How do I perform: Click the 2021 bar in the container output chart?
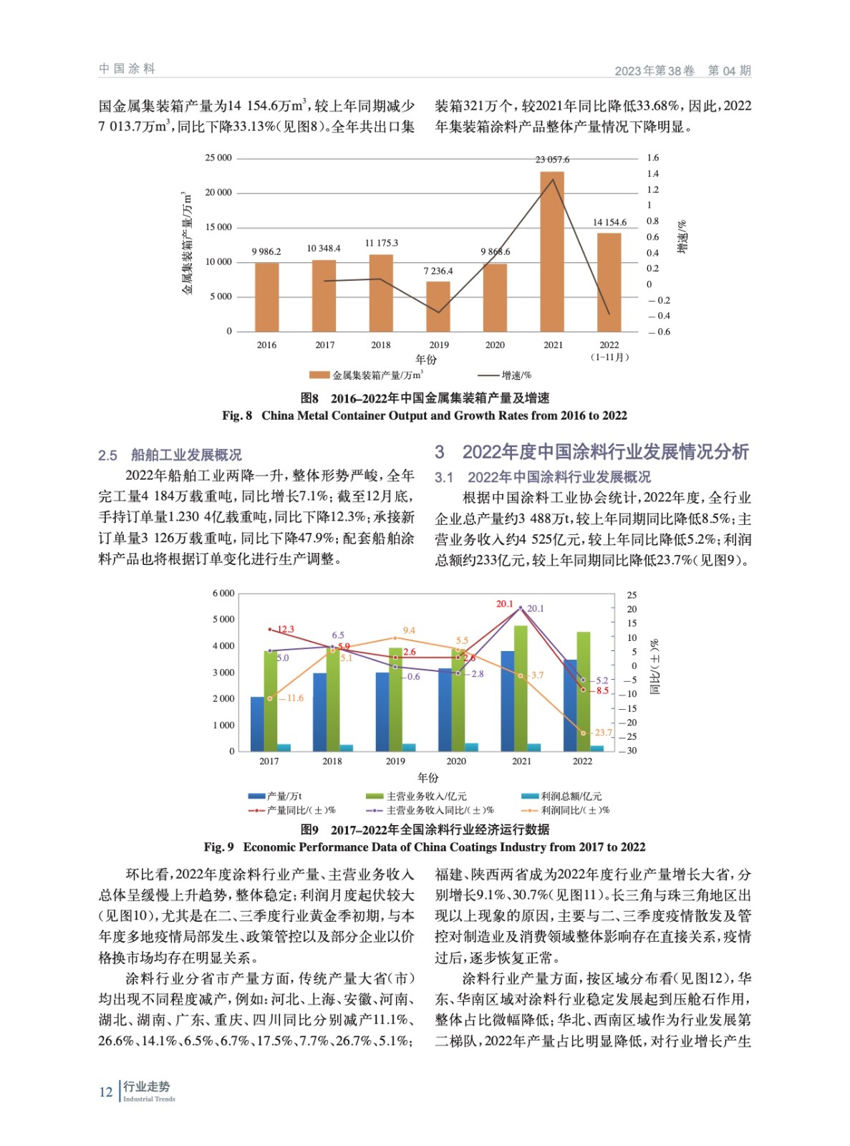552,251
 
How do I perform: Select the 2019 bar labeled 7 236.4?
438,306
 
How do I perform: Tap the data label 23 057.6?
552,160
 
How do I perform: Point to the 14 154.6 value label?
609,222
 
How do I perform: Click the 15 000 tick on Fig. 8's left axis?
218,227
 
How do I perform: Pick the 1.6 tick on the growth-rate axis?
652,158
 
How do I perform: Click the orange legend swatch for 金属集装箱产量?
319,375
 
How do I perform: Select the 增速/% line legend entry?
506,375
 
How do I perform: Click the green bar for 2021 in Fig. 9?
521,688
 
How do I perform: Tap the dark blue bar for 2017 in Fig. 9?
257,723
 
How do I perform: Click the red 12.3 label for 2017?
286,630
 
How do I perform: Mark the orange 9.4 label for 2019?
409,631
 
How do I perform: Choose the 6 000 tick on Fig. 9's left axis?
223,594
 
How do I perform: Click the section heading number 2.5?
107,455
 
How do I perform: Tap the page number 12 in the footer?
105,1092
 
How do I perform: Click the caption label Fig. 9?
218,847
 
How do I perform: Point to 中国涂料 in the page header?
127,69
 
